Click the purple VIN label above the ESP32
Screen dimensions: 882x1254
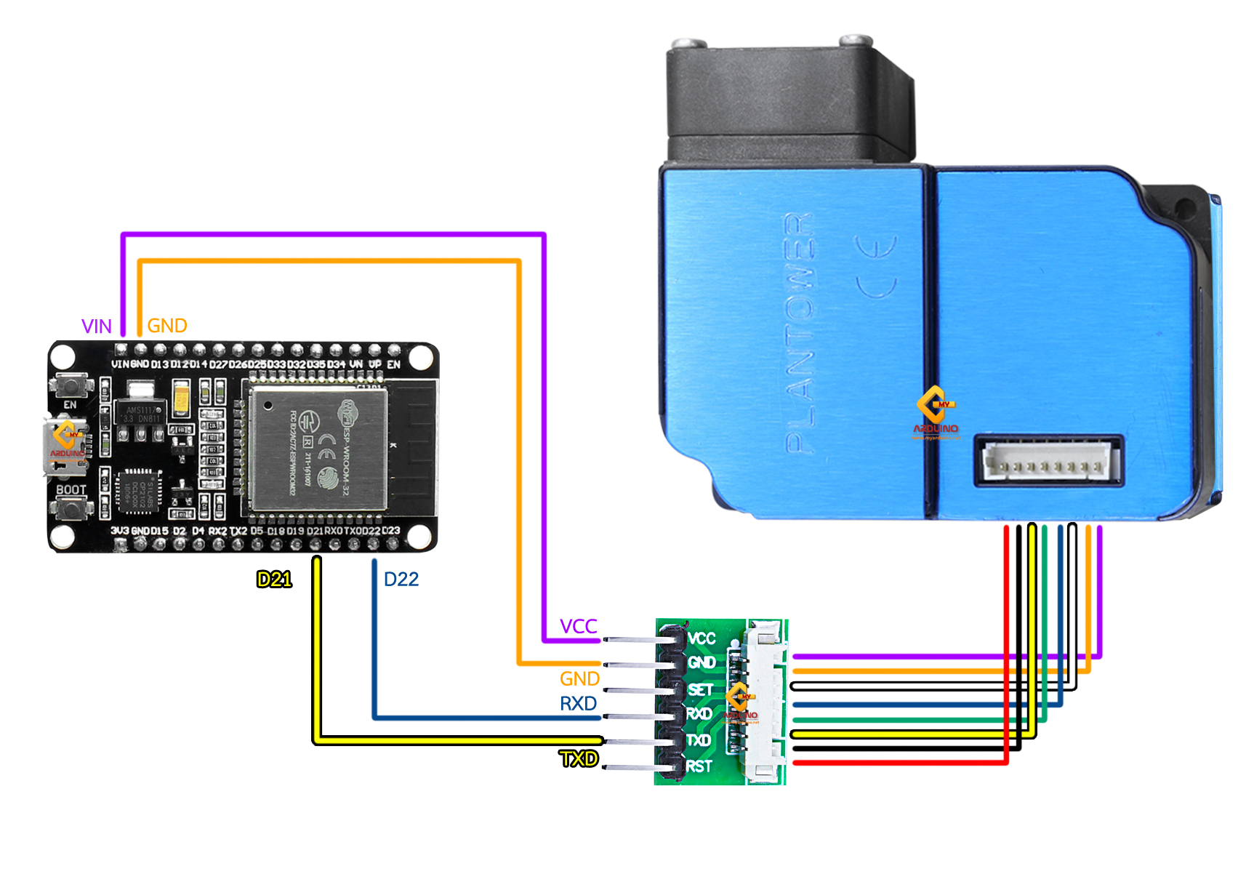97,326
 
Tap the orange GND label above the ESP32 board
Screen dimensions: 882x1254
167,326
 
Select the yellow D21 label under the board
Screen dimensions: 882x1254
274,580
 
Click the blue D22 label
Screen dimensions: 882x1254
401,580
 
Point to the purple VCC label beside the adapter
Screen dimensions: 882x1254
578,626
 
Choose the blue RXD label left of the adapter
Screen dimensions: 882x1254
578,704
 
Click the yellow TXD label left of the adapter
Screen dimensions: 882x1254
579,759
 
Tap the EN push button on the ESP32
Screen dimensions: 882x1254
71,385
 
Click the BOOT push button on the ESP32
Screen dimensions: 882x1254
71,508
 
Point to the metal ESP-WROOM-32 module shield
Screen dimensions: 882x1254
318,449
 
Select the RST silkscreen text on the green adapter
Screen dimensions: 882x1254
699,766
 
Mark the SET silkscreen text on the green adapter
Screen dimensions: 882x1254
700,689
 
